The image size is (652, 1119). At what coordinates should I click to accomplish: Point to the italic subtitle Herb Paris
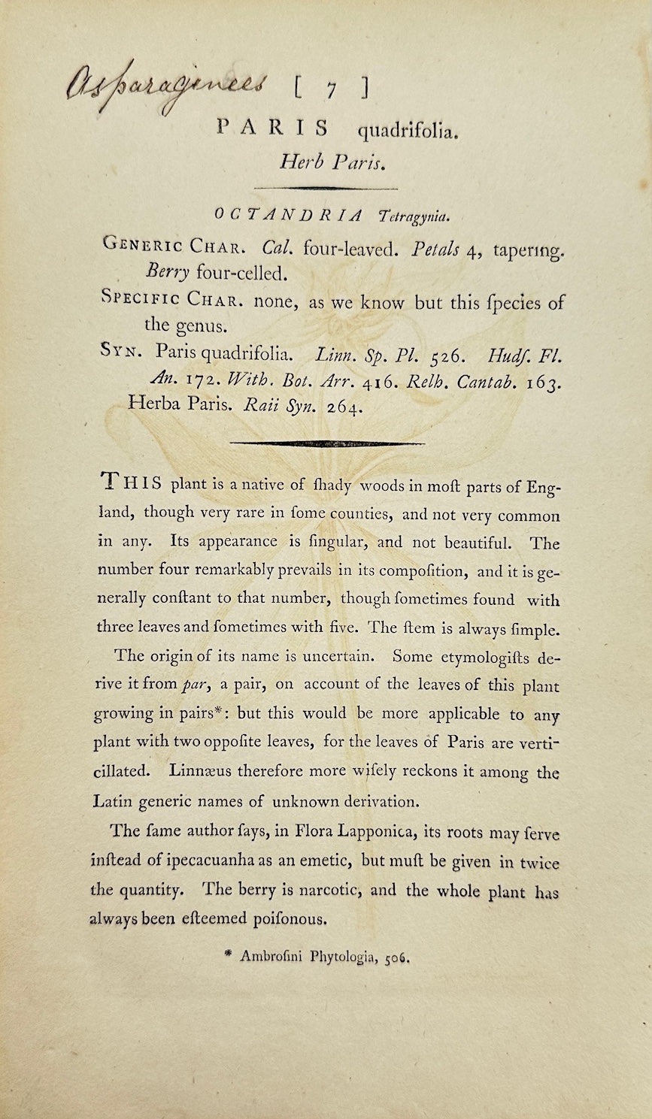click(327, 162)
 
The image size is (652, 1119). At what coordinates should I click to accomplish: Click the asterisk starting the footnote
click(229, 955)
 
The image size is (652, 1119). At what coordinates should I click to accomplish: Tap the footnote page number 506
click(398, 959)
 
